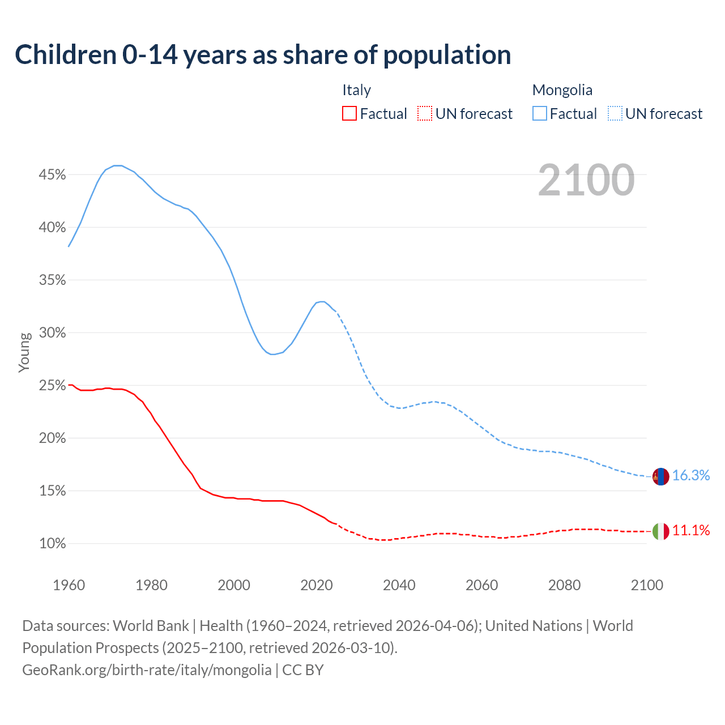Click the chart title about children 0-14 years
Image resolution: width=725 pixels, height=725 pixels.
point(263,55)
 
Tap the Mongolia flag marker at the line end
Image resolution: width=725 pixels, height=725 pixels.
point(660,476)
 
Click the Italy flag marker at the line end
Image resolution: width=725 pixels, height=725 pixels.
point(660,531)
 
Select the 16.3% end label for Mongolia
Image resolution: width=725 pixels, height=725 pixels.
point(691,476)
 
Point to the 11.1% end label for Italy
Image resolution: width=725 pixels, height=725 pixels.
point(691,531)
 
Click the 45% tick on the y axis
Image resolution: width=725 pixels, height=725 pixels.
point(52,175)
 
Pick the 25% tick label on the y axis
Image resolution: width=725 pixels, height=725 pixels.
point(52,386)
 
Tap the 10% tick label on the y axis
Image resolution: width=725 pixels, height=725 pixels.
point(52,544)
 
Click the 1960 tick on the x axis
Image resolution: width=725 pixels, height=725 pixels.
point(69,585)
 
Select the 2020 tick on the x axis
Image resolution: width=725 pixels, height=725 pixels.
point(317,585)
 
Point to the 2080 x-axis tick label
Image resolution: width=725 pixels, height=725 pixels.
point(564,585)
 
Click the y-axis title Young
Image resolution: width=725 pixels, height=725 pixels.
point(24,352)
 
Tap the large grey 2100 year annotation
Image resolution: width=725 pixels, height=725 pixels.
point(586,180)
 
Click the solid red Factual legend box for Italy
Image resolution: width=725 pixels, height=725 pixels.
point(349,114)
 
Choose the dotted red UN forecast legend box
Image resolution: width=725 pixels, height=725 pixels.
point(425,114)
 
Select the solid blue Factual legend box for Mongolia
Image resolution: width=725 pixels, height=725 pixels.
point(540,114)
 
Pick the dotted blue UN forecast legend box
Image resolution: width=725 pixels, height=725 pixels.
point(615,114)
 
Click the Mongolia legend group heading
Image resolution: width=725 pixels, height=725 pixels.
point(562,90)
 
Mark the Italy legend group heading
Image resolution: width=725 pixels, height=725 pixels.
point(356,90)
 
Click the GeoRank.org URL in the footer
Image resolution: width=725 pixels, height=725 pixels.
point(147,670)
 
